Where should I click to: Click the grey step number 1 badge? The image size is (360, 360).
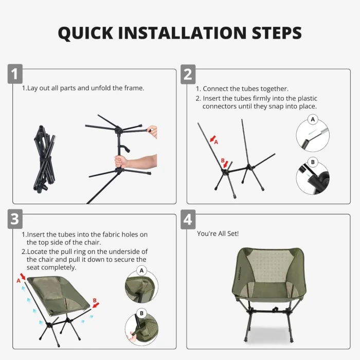15,74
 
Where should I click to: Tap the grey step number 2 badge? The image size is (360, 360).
188,74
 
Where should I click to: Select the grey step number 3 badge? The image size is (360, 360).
15,219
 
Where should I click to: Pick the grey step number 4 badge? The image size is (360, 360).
188,219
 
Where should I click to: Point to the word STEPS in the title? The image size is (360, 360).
277,33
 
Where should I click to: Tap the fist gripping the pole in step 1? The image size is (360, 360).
121,161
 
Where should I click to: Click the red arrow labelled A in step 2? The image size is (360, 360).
213,139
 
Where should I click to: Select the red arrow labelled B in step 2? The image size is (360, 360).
226,164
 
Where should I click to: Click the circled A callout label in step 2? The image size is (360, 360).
313,119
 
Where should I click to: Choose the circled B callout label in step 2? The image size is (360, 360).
313,162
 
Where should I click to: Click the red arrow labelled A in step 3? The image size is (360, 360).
23,276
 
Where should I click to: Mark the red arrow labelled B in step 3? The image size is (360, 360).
96,305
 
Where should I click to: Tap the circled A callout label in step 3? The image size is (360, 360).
141,271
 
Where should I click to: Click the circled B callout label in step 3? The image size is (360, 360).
141,313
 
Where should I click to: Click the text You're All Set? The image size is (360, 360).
218,233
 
